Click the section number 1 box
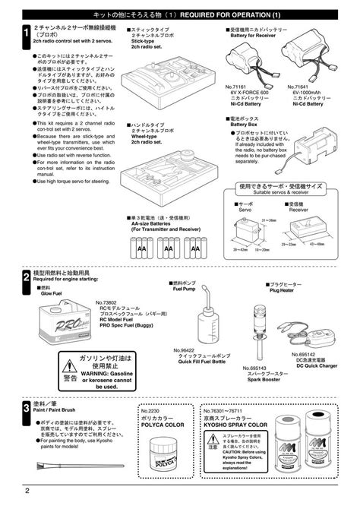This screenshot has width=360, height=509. [x=26, y=33]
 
